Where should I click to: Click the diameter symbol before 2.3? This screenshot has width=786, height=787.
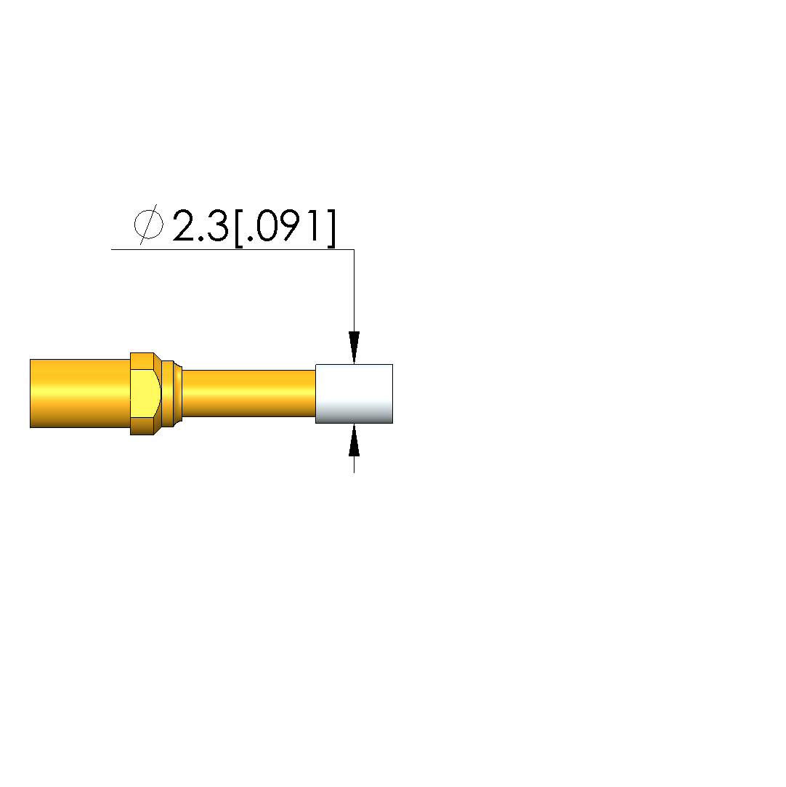coord(149,225)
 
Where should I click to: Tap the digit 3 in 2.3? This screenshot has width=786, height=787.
coord(216,226)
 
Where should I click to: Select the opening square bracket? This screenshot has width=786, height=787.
coord(239,228)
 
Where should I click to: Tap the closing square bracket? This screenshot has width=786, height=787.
coord(331,228)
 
